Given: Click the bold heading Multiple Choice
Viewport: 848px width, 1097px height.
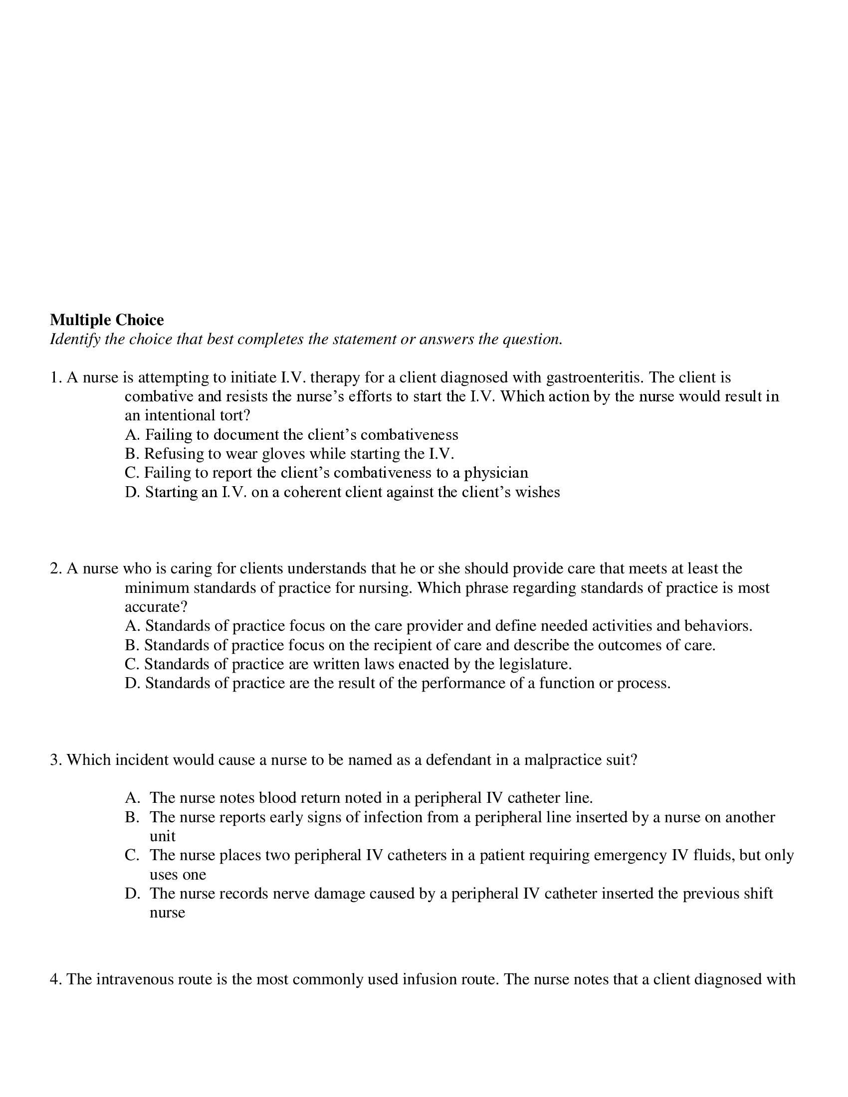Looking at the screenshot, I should tap(107, 320).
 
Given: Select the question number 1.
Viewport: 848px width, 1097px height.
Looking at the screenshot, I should tap(55, 377).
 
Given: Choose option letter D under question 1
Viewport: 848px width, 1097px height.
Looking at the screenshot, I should tap(132, 492).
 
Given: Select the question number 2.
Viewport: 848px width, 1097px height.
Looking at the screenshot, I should tap(55, 568).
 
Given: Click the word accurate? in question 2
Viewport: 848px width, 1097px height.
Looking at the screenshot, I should tap(156, 607).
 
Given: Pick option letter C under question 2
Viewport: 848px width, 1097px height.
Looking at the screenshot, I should tap(131, 664).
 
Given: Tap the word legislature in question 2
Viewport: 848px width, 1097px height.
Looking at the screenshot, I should tap(535, 664).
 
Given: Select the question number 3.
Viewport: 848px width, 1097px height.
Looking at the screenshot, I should tap(55, 759).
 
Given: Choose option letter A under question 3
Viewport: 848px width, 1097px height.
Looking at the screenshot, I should tap(132, 798).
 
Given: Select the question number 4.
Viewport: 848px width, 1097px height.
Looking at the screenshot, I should tap(55, 979).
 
